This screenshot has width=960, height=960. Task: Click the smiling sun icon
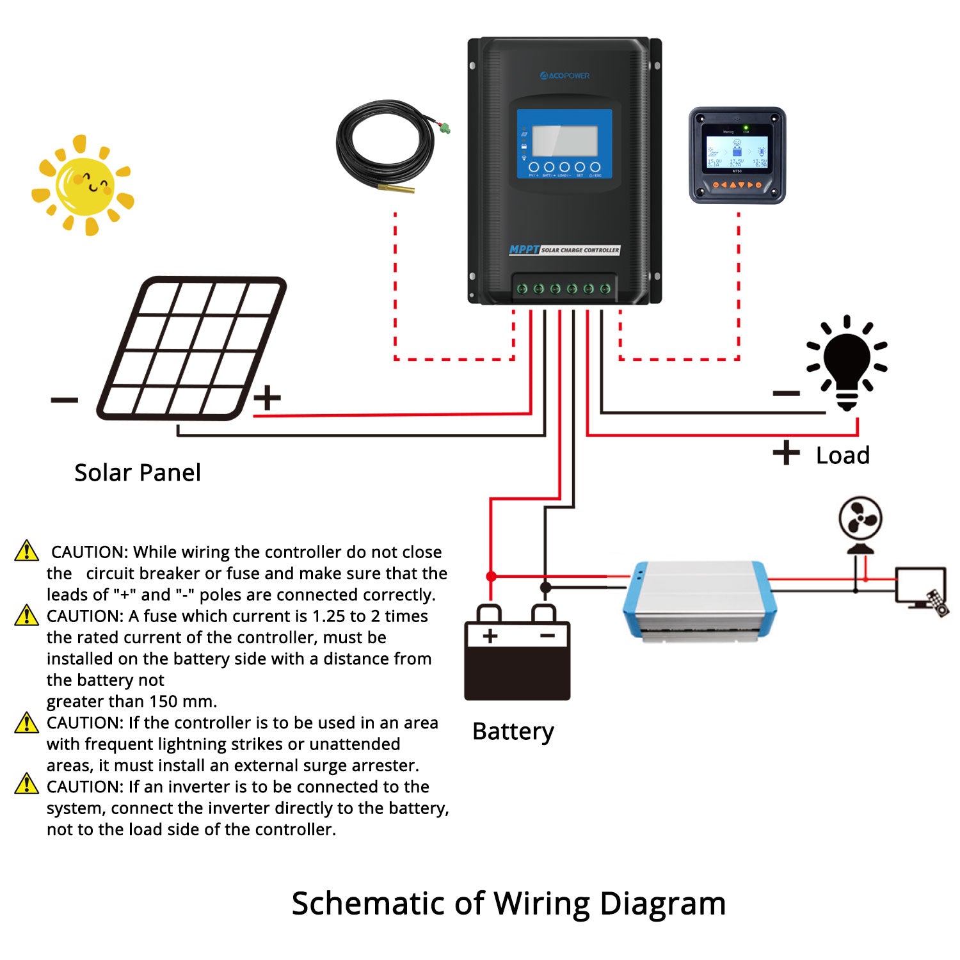(83, 185)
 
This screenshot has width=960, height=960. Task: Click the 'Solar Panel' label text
(138, 473)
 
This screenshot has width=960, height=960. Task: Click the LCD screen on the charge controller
(564, 141)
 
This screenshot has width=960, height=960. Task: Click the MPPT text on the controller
(524, 250)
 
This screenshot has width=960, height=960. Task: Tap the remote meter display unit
(737, 156)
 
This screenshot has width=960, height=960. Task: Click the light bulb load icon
(847, 363)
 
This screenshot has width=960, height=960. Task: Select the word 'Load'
(842, 456)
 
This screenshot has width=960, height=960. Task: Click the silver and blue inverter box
(700, 600)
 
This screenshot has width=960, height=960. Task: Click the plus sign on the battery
(490, 636)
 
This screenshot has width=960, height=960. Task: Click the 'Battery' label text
(513, 732)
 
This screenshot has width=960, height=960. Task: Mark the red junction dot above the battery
(491, 577)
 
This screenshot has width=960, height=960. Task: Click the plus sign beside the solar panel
(267, 397)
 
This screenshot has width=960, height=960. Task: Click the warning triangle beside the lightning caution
(26, 723)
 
